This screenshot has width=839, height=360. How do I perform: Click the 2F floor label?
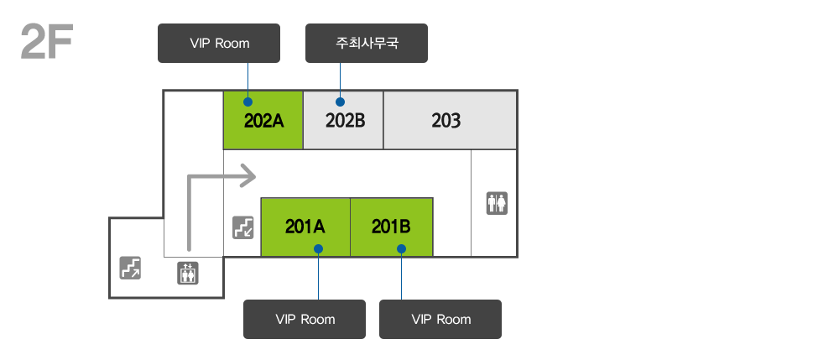click(x=46, y=41)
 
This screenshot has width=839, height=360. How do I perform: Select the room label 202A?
click(x=263, y=121)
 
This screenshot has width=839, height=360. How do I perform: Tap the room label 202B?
click(x=345, y=121)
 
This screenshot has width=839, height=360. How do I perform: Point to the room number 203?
click(x=446, y=121)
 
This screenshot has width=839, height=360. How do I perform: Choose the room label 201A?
click(x=305, y=227)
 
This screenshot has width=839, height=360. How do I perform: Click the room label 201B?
click(x=391, y=227)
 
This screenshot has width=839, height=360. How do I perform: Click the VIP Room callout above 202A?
click(x=219, y=44)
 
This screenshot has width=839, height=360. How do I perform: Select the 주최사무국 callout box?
click(x=367, y=44)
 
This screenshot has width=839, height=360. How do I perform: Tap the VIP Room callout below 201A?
click(x=305, y=320)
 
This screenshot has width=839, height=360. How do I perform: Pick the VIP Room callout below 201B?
click(x=440, y=320)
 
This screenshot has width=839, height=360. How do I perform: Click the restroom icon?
click(x=497, y=203)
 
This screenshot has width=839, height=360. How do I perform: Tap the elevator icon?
click(x=188, y=274)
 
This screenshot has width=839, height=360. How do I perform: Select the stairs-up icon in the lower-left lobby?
click(x=130, y=268)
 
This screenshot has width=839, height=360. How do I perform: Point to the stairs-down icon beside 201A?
click(x=243, y=227)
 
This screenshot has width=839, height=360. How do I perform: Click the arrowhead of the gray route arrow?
click(x=248, y=176)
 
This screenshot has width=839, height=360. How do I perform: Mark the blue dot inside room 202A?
click(x=248, y=102)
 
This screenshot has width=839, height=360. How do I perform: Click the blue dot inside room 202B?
click(x=341, y=102)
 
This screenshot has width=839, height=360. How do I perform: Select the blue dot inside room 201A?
click(x=318, y=248)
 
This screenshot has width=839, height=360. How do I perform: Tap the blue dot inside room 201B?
click(x=401, y=248)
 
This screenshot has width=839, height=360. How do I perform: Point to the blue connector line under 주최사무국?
click(x=341, y=81)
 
